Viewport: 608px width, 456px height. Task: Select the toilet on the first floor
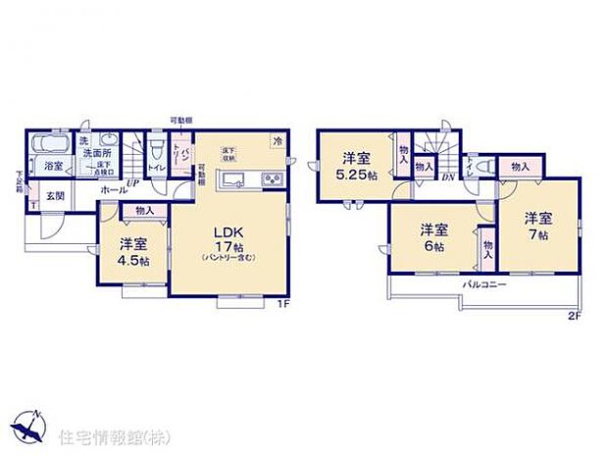point(157,148)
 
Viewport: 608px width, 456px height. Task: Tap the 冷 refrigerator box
point(279,140)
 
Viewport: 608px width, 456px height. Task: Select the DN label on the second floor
point(447,177)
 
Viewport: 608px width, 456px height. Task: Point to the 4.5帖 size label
point(133,263)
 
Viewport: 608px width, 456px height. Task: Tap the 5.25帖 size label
point(355,175)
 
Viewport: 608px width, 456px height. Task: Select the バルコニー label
point(483,284)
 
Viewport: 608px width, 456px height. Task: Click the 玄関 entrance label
point(56,196)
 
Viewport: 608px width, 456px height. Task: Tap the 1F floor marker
point(282,302)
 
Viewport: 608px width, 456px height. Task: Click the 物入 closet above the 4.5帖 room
point(144,211)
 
